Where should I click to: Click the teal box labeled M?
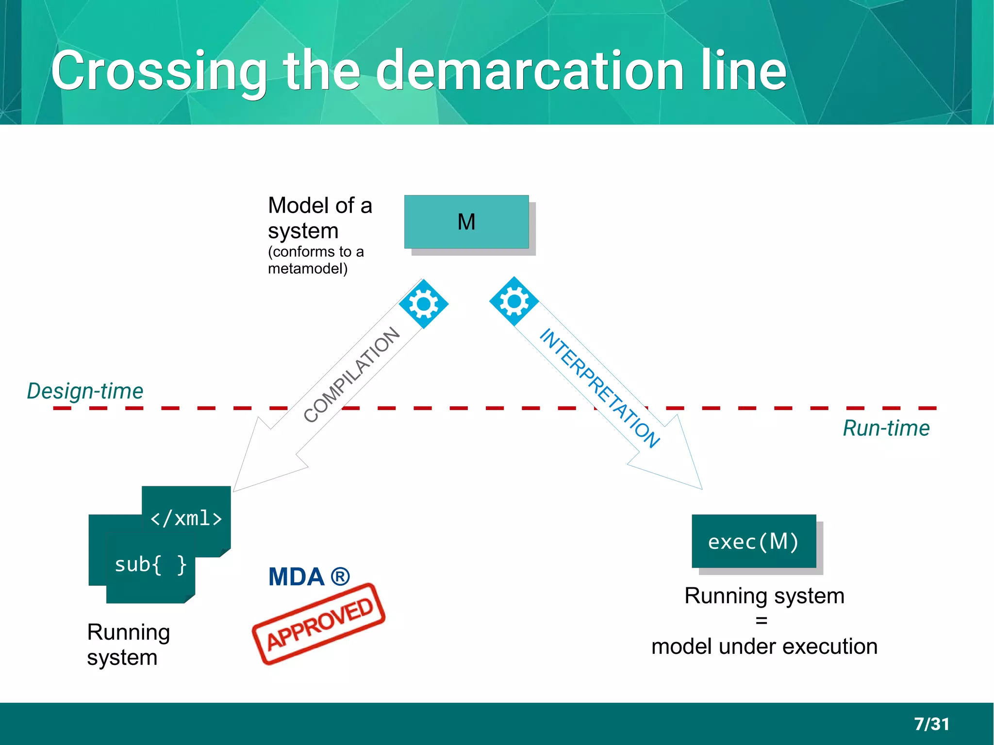[466, 222]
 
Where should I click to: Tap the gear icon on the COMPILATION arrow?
[423, 304]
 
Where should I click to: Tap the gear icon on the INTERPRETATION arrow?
[514, 301]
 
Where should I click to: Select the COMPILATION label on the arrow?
[351, 375]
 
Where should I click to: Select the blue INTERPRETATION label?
[599, 387]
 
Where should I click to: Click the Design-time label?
[85, 391]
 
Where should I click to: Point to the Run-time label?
[886, 428]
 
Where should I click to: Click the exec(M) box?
[753, 541]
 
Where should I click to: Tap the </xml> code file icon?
[186, 517]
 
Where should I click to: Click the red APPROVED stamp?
[319, 624]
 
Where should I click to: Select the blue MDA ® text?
[309, 577]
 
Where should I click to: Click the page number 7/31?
[931, 724]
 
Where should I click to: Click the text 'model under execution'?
[764, 646]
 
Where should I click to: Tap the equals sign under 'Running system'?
[761, 621]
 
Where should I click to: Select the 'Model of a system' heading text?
[319, 218]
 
